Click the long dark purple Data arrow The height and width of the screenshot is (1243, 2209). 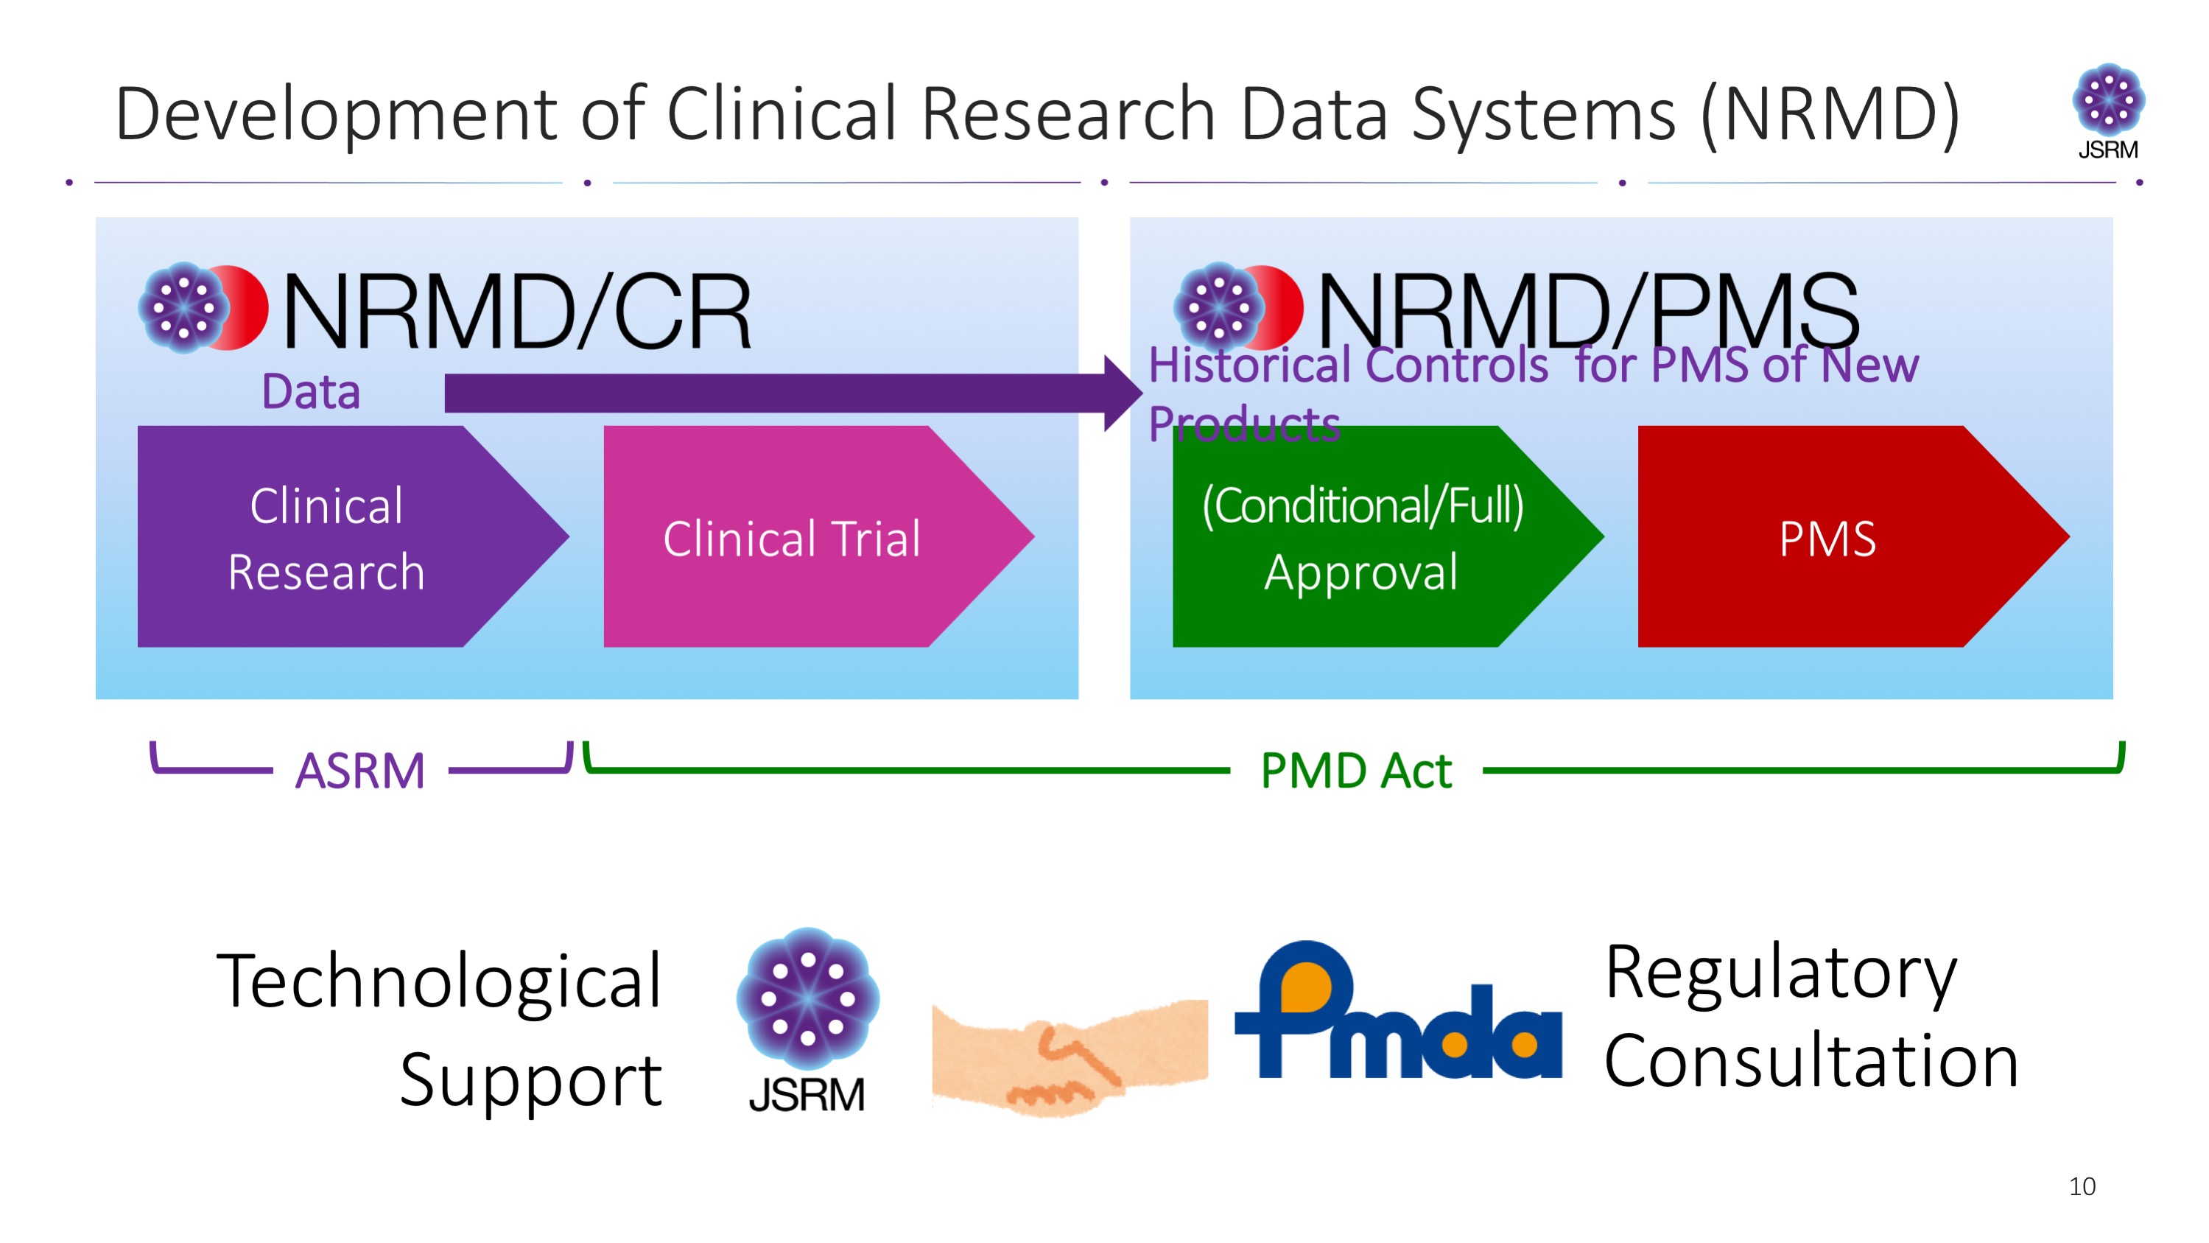(793, 393)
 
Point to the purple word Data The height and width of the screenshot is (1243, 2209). (310, 392)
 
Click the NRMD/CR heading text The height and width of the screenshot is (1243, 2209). (517, 310)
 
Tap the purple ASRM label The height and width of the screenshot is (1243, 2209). (360, 770)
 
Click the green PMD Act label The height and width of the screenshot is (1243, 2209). (1356, 770)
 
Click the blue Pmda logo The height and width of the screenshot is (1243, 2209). (1398, 1009)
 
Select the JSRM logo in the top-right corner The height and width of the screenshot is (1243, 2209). (2109, 111)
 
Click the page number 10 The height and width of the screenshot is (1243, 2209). (2082, 1186)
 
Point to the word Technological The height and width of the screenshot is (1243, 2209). (439, 982)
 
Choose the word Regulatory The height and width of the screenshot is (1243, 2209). (1781, 973)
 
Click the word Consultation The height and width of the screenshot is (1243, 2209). (1811, 1061)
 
